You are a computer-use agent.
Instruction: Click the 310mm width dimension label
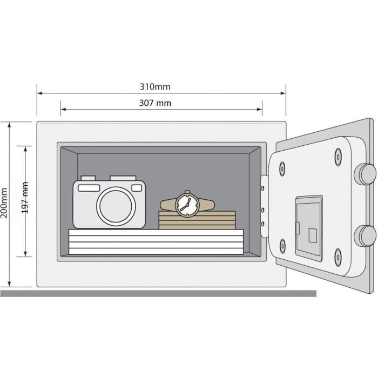(155, 87)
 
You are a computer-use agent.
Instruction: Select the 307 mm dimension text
(155, 103)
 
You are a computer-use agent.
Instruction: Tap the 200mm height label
(4, 203)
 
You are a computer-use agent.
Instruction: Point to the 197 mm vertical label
(25, 198)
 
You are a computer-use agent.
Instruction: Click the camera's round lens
(116, 206)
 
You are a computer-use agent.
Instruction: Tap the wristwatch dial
(187, 205)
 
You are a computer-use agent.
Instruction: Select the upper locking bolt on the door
(365, 174)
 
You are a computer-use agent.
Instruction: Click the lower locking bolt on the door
(365, 236)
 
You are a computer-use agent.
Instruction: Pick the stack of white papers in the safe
(156, 241)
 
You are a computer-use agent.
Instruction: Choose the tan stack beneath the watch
(197, 220)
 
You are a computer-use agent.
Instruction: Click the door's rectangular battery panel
(309, 228)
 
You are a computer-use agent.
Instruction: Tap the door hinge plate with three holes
(265, 206)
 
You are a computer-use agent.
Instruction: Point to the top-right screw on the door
(338, 157)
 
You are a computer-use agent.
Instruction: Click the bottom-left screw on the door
(282, 246)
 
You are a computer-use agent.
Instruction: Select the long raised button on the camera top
(123, 178)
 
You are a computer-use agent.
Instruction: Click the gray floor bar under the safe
(158, 293)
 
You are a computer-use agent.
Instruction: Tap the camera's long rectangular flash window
(89, 188)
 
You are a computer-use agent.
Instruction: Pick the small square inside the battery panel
(313, 235)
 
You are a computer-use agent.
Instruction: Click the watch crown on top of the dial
(187, 192)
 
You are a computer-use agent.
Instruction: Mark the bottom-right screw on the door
(338, 258)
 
